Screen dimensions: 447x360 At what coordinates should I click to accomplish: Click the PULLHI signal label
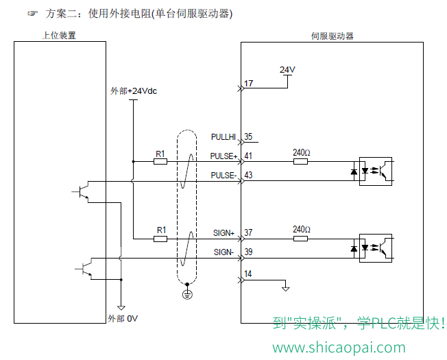223,137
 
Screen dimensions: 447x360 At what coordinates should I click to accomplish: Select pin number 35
248,136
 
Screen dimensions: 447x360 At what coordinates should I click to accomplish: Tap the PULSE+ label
223,156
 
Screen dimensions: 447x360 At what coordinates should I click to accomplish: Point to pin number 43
248,175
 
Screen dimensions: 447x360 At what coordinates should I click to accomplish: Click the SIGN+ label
223,233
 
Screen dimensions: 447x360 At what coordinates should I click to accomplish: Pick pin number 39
248,252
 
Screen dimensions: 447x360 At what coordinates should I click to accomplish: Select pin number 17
248,83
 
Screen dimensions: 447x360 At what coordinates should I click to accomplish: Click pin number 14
247,274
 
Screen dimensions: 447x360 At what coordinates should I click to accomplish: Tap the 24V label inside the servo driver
287,69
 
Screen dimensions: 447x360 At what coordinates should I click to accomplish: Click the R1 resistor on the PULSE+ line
160,162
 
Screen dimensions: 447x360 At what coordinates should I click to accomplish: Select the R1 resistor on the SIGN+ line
160,239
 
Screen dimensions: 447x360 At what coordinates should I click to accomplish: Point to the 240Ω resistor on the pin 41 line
300,162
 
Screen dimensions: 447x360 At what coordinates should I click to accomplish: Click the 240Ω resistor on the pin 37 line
300,239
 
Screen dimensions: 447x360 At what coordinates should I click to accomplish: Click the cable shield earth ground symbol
187,294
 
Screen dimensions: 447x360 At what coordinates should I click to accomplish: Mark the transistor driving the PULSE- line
83,192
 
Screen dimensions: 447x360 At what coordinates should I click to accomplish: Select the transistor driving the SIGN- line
86,269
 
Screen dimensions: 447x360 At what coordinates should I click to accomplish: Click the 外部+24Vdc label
134,91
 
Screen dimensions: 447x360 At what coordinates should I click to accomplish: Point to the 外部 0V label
123,318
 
